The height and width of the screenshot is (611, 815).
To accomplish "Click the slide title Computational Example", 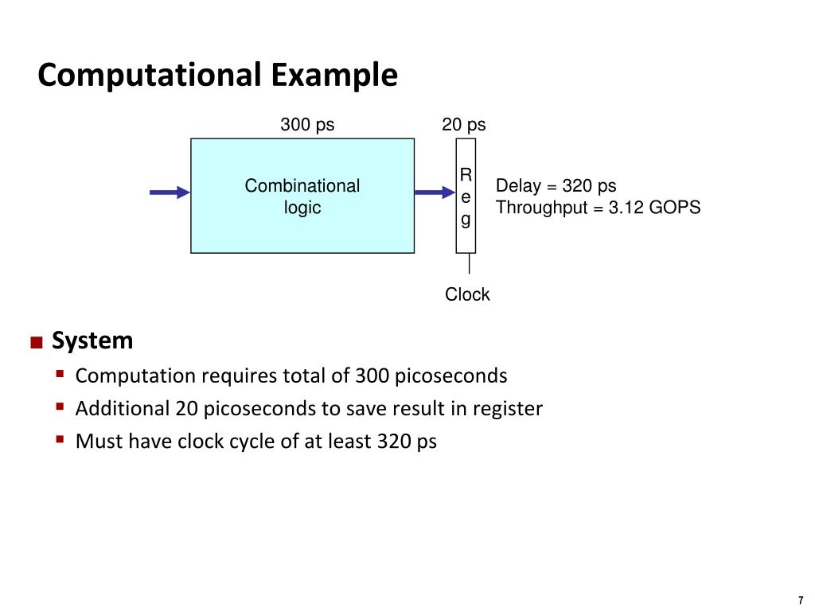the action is coord(217,76).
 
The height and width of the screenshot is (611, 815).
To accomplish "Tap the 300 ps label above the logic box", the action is coord(306,125).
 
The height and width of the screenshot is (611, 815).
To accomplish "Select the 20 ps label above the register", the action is coord(464,125).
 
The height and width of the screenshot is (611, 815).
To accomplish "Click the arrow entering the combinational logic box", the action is coord(170,192).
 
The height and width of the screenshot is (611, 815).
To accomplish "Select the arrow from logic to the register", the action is coord(434,192).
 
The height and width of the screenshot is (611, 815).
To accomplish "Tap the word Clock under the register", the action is coord(467,294).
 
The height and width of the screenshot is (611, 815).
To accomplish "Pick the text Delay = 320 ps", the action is coord(556,186).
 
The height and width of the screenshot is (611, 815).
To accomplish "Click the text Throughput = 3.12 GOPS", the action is coord(598,208).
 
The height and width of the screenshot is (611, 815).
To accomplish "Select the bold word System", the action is coord(92,341).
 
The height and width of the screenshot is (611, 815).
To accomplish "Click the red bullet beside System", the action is coord(36,343).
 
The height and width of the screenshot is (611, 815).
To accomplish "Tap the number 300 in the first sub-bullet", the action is coord(372,376).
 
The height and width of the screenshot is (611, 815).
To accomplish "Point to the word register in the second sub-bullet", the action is coord(507,409).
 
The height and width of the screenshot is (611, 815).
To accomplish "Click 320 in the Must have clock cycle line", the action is coord(394,442).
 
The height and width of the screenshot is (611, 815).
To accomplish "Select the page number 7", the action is coord(800,600).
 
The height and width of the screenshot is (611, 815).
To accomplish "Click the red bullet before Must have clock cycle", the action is coord(60,439).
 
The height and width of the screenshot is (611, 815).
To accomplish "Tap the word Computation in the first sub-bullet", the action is coord(135,376).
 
